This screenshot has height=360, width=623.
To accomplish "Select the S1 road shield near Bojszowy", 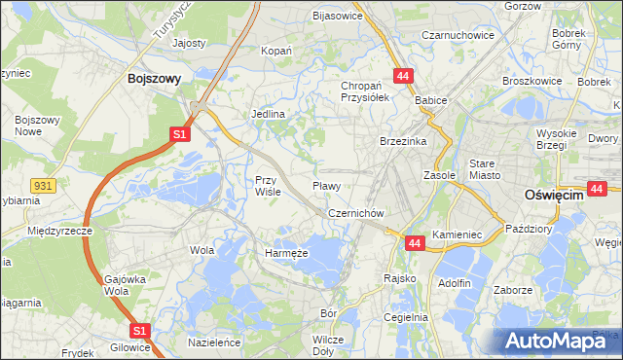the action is tap(179, 135).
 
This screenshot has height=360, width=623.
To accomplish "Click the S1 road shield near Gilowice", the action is tap(139, 331).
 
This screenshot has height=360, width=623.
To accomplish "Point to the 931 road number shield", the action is tap(41, 185).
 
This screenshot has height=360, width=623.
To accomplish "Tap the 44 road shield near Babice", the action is tap(403, 76).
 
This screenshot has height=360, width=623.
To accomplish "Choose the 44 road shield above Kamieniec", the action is tap(415, 242).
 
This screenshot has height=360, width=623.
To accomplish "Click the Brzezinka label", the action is tap(403, 141).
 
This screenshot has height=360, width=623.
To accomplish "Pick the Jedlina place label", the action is tap(268, 114).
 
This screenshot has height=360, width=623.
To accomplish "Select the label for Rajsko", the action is tap(400, 278).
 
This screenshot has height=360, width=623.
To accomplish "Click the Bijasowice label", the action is tap(337, 16).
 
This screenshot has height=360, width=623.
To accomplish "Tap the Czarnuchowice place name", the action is tap(458, 35).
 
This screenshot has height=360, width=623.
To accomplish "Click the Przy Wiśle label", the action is tap(268, 185).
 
